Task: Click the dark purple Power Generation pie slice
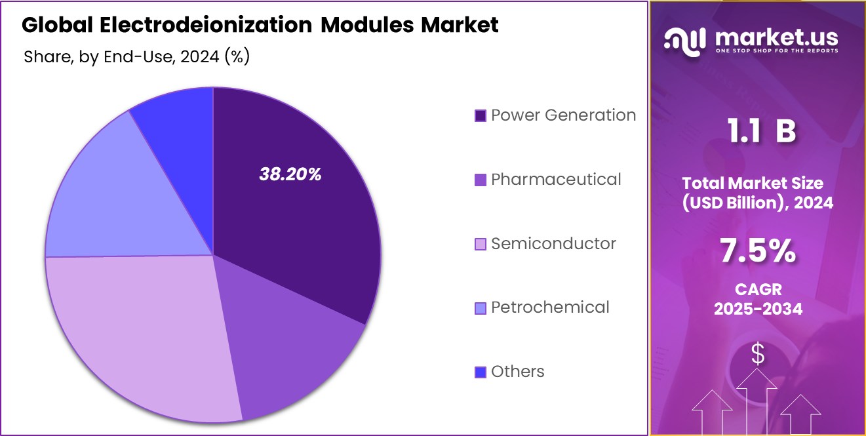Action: click(x=295, y=216)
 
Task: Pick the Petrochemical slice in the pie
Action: click(x=125, y=197)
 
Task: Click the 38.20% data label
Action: click(x=290, y=174)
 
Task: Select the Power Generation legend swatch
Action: click(x=481, y=116)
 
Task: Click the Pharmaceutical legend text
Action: click(x=556, y=180)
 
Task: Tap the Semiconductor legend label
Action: click(x=553, y=244)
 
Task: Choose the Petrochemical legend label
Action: click(x=550, y=307)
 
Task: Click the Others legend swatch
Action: click(x=481, y=372)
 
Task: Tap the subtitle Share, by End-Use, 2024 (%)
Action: click(x=136, y=57)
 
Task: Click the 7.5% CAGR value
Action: click(x=758, y=251)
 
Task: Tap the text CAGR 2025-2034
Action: click(x=758, y=299)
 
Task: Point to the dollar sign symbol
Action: click(x=758, y=355)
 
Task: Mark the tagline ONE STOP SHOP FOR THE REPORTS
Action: click(x=776, y=50)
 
